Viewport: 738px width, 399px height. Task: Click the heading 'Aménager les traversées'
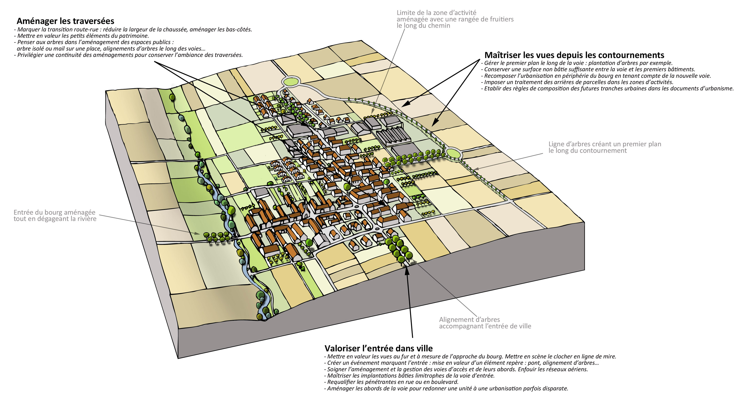click(65, 21)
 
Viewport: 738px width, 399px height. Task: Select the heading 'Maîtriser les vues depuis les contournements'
click(574, 55)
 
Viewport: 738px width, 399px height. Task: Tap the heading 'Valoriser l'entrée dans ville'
click(378, 348)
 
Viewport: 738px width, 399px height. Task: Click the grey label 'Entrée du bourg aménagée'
click(54, 213)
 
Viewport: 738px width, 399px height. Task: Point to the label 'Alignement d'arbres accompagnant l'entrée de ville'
click(485, 323)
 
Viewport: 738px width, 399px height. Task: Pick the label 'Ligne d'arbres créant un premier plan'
click(605, 144)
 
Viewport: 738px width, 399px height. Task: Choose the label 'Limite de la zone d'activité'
click(436, 13)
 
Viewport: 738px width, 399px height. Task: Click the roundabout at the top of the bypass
click(291, 82)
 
